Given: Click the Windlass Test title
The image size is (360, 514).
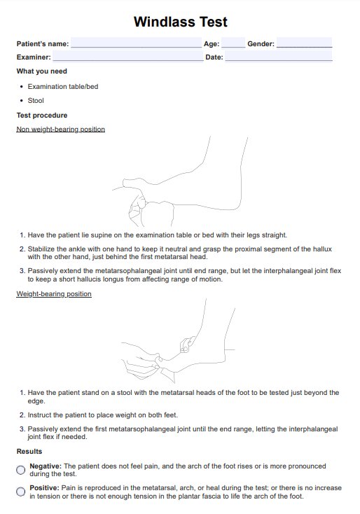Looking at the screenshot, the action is pyautogui.click(x=180, y=22).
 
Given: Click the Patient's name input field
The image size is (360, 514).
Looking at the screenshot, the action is pyautogui.click(x=136, y=43).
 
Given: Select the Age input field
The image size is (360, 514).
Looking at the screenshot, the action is pyautogui.click(x=233, y=43).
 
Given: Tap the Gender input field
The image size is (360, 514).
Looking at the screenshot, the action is pyautogui.click(x=304, y=43).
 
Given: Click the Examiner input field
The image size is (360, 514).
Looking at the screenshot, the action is pyautogui.click(x=128, y=56).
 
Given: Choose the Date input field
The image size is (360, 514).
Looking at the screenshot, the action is pyautogui.click(x=279, y=56).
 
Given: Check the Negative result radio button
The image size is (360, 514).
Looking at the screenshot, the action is pyautogui.click(x=20, y=470).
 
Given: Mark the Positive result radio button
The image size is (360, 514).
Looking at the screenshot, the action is pyautogui.click(x=20, y=492).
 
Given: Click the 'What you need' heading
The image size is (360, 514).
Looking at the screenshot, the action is pyautogui.click(x=41, y=71).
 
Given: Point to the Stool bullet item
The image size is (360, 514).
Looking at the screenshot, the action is pyautogui.click(x=36, y=101).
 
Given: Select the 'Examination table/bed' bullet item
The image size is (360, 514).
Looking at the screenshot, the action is pyautogui.click(x=63, y=87).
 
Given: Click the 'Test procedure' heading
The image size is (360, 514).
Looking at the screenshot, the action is pyautogui.click(x=42, y=116).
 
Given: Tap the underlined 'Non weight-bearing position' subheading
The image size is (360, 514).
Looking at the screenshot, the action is pyautogui.click(x=61, y=129).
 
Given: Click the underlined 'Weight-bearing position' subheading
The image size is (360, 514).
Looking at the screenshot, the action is pyautogui.click(x=54, y=293).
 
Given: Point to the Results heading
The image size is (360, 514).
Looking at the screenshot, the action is pyautogui.click(x=29, y=452).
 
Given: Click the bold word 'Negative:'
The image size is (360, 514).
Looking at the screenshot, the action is pyautogui.click(x=46, y=466).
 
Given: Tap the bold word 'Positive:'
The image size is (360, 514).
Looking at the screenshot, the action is pyautogui.click(x=44, y=488).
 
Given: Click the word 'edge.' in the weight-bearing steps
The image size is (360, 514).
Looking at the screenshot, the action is pyautogui.click(x=36, y=401).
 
